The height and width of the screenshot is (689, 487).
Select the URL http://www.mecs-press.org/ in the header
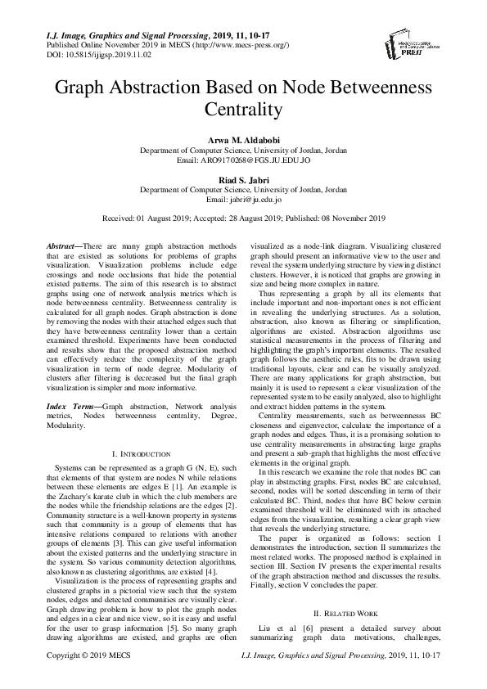(x=238, y=47)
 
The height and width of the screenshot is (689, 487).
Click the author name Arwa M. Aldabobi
(x=243, y=141)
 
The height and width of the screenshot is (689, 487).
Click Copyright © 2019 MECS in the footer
(x=78, y=679)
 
